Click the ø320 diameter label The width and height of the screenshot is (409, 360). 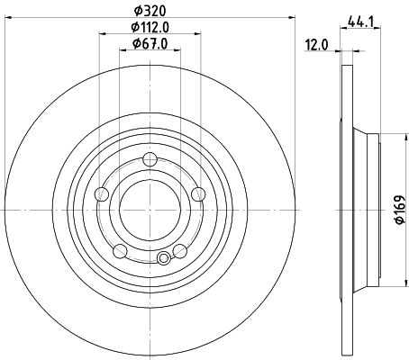pos(150,12)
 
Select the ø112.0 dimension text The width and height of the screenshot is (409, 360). pos(150,28)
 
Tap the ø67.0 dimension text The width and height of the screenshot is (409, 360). pos(150,44)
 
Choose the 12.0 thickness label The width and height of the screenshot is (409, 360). pos(317,45)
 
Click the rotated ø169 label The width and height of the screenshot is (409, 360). pos(400,210)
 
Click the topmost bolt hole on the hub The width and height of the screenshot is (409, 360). pos(150,159)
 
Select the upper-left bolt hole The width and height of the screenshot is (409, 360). pos(102,194)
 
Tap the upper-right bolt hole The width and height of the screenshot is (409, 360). pos(198,194)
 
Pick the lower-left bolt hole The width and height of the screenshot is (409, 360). pos(120,251)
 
